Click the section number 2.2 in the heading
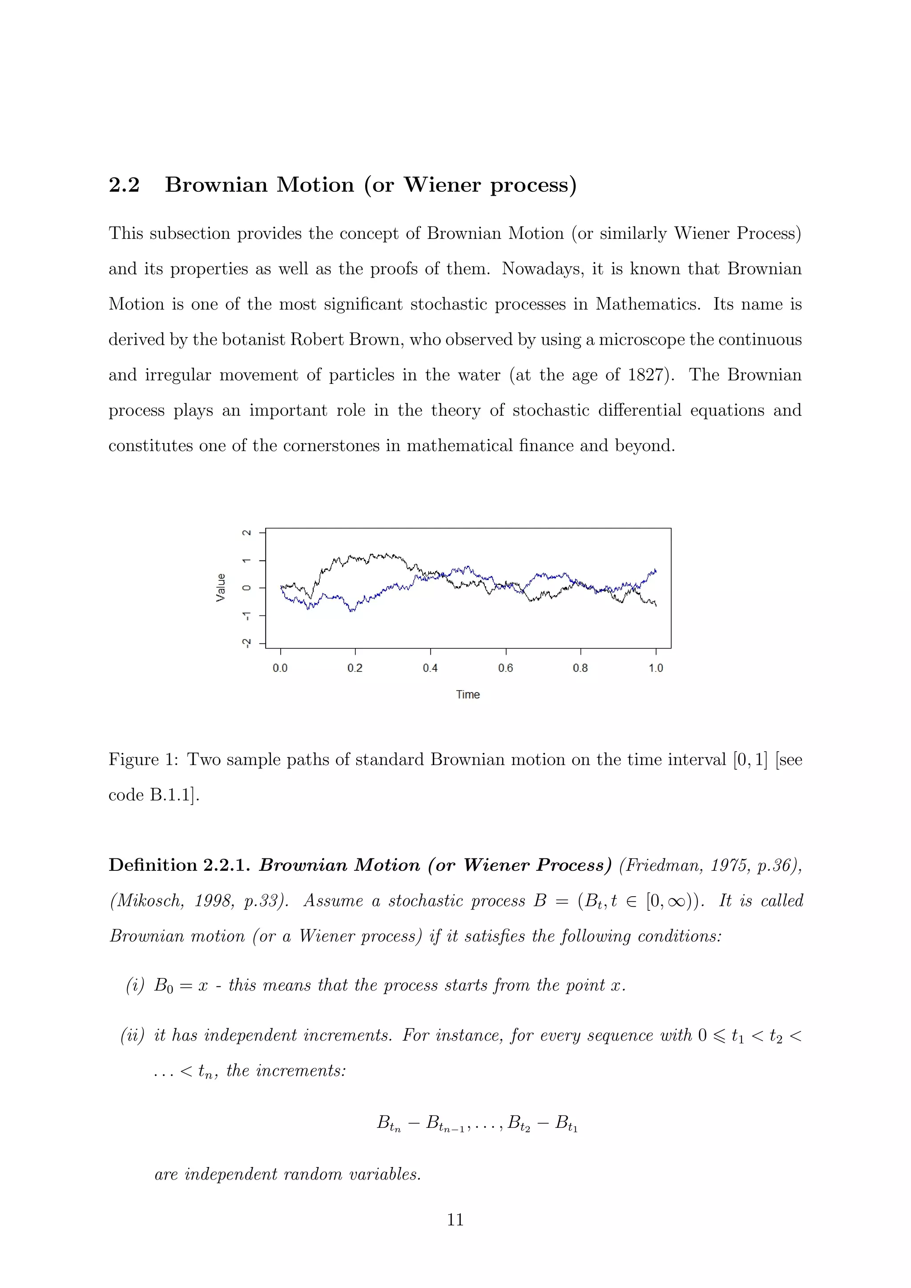(124, 185)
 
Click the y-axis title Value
(221, 588)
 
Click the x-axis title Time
(468, 695)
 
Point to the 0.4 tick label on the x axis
(430, 668)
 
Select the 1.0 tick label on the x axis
(656, 668)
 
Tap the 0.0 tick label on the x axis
(280, 668)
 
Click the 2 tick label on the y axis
(246, 532)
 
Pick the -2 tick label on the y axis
(246, 642)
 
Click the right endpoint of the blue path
(656, 571)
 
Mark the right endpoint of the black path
(656, 605)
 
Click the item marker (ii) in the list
(133, 1035)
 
